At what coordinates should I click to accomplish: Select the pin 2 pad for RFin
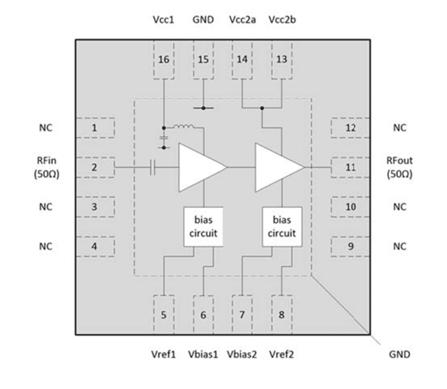pos(95,167)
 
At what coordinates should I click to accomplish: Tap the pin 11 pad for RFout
pos(350,167)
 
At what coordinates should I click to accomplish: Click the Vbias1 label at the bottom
pos(203,355)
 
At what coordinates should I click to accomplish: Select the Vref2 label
pos(282,355)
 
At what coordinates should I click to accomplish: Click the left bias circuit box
pos(203,227)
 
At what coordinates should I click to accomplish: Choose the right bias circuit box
pos(282,227)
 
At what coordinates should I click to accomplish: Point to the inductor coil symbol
pos(186,127)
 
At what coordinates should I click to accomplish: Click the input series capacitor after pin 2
pos(153,167)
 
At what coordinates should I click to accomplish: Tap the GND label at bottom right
pos(400,355)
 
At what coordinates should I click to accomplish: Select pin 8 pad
pos(282,315)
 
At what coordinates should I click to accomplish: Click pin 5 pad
pos(164,315)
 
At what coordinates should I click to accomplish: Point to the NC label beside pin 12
pos(399,128)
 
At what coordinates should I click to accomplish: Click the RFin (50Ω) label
pos(44,167)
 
